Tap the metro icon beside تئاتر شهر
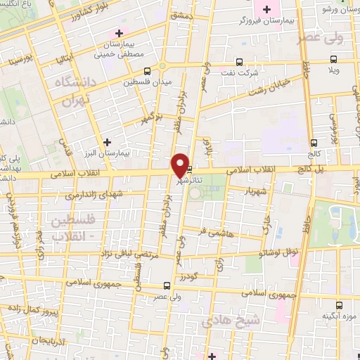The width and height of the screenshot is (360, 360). [191, 169]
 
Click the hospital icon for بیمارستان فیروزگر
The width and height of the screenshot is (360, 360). [265, 11]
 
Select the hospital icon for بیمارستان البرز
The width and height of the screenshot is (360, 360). [106, 142]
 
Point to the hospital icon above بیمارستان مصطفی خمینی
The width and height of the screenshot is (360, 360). [119, 33]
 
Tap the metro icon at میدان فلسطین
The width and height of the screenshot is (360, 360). [147, 71]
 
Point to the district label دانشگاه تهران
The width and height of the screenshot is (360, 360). [71, 91]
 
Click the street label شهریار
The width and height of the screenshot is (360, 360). [252, 190]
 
